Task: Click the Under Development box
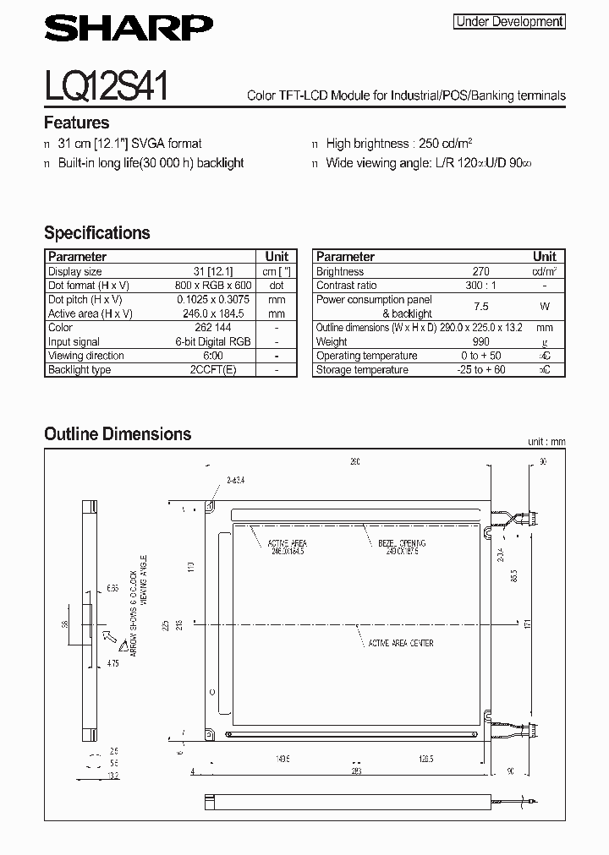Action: (x=509, y=22)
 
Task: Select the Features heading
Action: (x=76, y=123)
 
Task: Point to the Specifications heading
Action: (x=96, y=233)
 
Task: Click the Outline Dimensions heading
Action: (x=118, y=434)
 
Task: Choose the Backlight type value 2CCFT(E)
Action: (x=214, y=370)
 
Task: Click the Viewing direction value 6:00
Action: (x=214, y=356)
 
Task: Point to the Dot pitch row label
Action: (x=85, y=300)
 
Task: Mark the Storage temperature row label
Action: (x=361, y=370)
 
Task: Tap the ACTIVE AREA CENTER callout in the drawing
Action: (x=400, y=644)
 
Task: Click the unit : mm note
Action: (x=546, y=442)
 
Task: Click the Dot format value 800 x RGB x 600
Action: (x=214, y=286)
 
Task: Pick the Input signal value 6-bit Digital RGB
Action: (x=214, y=342)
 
